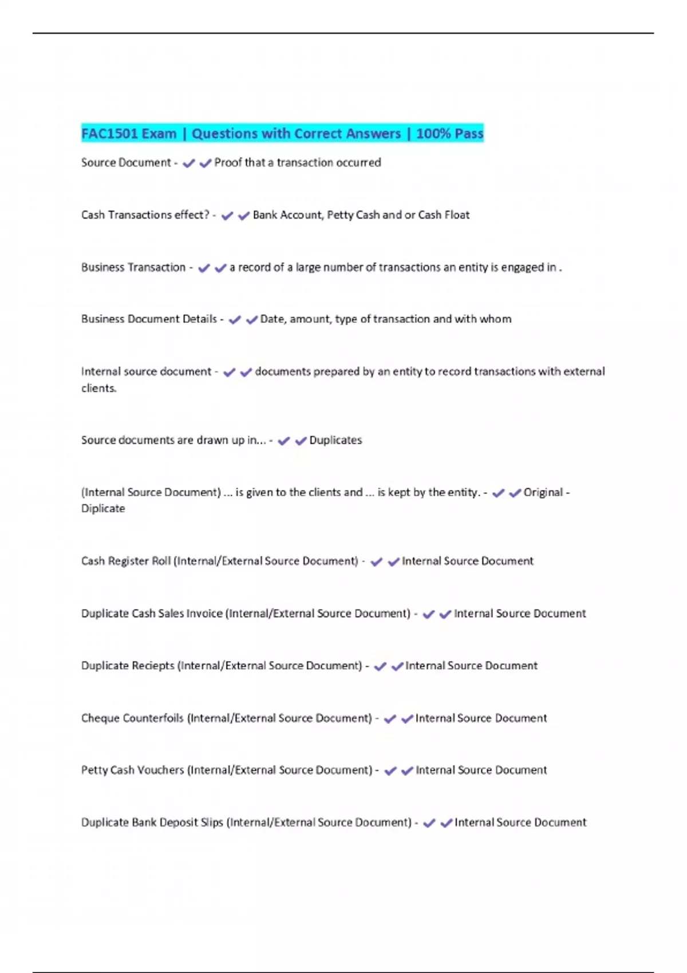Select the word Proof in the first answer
pos(228,163)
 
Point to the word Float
pos(457,215)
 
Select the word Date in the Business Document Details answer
pos(272,319)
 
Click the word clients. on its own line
pos(99,388)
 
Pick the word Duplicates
pos(335,440)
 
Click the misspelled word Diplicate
pos(103,509)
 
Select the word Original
pos(543,493)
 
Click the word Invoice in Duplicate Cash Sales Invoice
pos(204,614)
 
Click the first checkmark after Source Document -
pos(188,164)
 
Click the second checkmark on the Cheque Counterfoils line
pos(407,719)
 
